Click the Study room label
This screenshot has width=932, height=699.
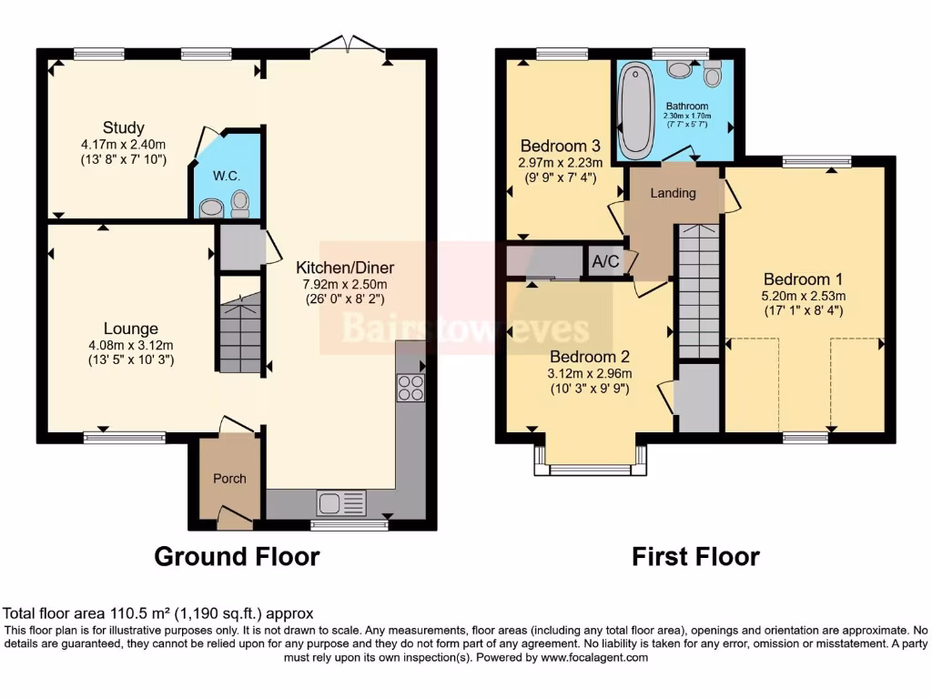(x=124, y=127)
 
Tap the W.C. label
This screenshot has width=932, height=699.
(x=225, y=175)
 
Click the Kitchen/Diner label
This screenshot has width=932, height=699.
(x=345, y=268)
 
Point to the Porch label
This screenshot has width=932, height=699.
(x=229, y=478)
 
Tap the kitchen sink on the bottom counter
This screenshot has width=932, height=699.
(x=340, y=501)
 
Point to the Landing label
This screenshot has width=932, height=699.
(x=674, y=193)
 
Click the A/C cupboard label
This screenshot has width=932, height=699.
(x=605, y=262)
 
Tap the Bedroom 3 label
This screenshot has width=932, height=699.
(x=560, y=146)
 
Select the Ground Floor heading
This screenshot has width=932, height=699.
(x=237, y=556)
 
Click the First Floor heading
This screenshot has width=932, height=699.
(x=695, y=556)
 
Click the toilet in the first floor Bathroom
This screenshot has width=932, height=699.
(x=712, y=74)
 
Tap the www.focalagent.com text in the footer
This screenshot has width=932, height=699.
(x=596, y=657)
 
